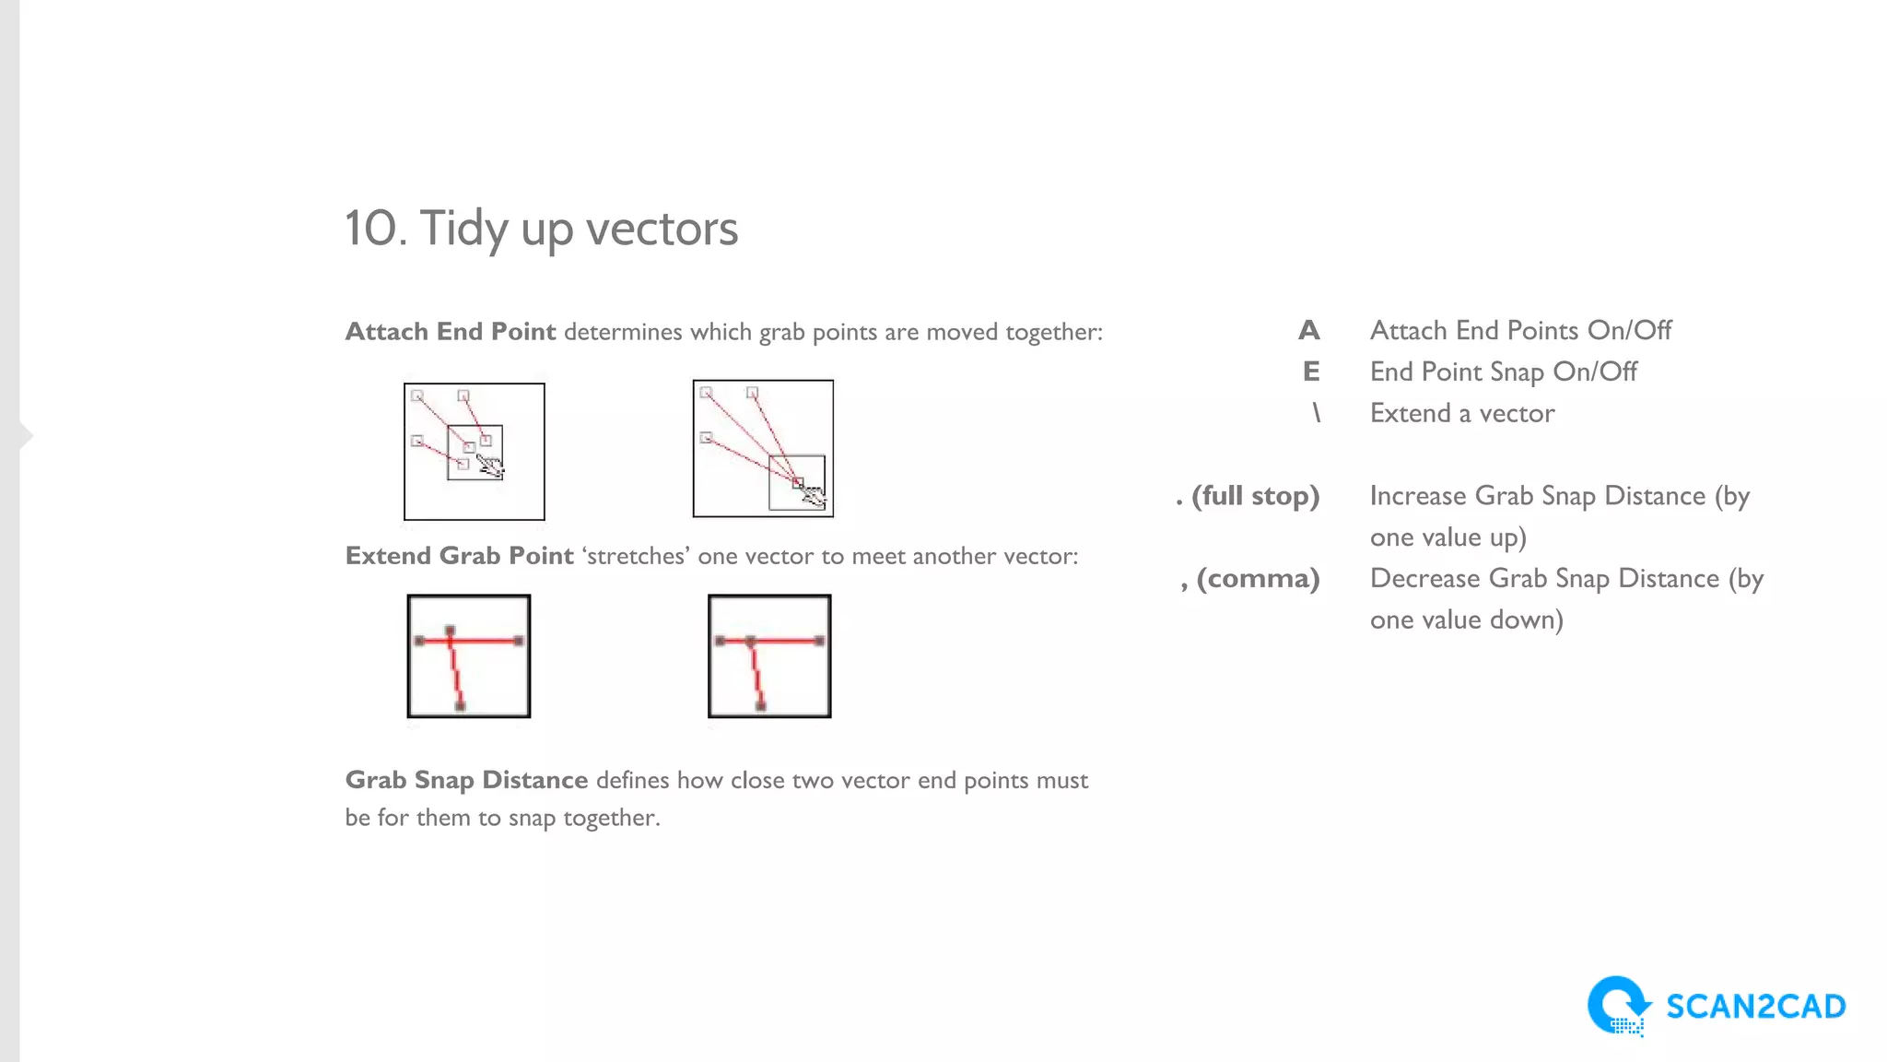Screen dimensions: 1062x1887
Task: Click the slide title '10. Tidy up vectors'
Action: point(541,229)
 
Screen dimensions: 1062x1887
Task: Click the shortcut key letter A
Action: point(1308,330)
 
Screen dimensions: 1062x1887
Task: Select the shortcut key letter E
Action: point(1311,372)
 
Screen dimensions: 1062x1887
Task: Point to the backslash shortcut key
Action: point(1317,413)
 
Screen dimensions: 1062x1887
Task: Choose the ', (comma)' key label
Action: point(1250,579)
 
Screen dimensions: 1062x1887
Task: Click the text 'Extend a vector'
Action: point(1462,413)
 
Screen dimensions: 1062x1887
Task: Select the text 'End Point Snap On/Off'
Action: point(1503,372)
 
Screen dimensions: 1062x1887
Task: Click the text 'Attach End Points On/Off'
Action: point(1520,330)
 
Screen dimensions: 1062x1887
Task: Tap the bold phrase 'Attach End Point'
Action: point(451,332)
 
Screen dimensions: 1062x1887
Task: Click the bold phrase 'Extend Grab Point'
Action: point(459,556)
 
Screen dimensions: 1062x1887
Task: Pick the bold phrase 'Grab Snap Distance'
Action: point(466,780)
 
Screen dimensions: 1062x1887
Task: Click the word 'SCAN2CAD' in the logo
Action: point(1755,1007)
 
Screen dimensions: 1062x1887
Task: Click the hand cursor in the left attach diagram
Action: point(491,466)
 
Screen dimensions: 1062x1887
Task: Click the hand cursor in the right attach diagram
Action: point(813,496)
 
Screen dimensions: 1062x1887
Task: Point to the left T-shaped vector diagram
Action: point(469,655)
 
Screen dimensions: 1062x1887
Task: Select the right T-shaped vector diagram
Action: point(769,655)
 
